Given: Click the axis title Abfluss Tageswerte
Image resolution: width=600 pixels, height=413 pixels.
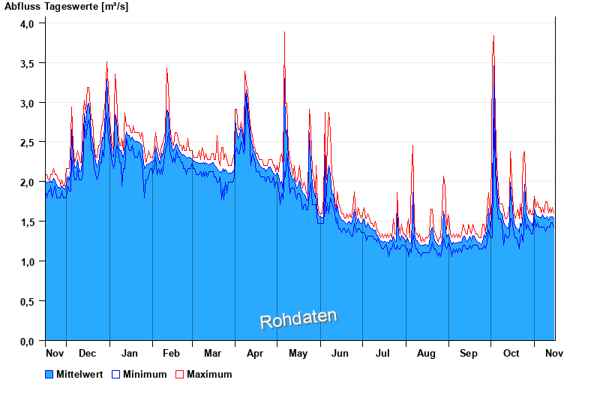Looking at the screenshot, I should click(x=57, y=6).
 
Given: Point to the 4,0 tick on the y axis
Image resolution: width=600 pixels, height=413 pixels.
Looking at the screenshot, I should click(x=27, y=23).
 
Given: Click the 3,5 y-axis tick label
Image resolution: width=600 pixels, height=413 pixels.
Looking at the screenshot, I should click(x=27, y=63).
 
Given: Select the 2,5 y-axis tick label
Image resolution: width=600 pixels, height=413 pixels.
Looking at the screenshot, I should click(x=27, y=142).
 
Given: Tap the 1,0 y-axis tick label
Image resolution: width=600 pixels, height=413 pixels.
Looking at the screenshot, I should click(x=27, y=261).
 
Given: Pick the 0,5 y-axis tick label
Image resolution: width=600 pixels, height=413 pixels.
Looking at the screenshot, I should click(x=27, y=301).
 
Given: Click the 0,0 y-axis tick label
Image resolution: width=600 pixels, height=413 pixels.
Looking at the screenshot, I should click(x=27, y=341).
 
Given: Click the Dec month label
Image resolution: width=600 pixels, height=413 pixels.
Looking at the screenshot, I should click(x=87, y=353).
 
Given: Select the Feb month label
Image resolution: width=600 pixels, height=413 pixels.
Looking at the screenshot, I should click(x=171, y=353).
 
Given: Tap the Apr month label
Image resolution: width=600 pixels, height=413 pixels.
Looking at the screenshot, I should click(x=255, y=353).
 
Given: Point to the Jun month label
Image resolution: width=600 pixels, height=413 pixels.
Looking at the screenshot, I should click(x=340, y=353).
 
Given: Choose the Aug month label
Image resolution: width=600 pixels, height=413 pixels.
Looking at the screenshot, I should click(x=426, y=353).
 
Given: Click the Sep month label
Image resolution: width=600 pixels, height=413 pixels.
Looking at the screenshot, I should click(x=469, y=353).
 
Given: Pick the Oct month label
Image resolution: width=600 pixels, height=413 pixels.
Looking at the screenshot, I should click(x=511, y=353).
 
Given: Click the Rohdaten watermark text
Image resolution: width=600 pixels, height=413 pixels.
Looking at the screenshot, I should click(x=298, y=319).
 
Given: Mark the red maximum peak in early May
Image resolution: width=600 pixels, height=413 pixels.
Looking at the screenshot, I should click(x=284, y=32).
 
